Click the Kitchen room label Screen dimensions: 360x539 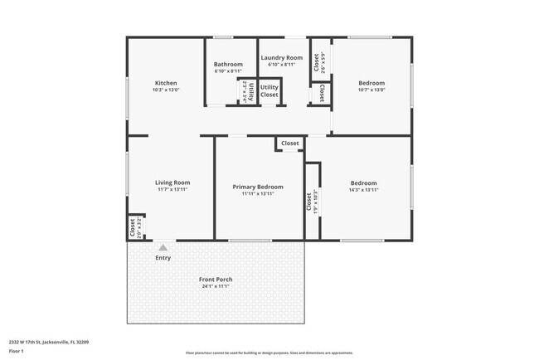click(x=166, y=83)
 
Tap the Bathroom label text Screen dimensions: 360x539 click(x=228, y=65)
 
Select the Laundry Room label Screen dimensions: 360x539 click(x=282, y=58)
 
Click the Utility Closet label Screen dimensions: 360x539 click(x=269, y=90)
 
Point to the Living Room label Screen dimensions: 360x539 click(x=172, y=182)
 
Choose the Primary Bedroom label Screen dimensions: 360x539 click(x=257, y=187)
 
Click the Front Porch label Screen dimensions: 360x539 click(x=216, y=280)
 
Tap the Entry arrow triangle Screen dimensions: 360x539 click(x=163, y=246)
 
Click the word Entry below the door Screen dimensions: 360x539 click(x=163, y=258)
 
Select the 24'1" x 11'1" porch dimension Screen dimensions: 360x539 click(x=216, y=287)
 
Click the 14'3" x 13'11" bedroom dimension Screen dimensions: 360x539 click(x=363, y=190)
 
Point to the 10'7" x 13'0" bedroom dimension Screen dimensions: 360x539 click(x=371, y=90)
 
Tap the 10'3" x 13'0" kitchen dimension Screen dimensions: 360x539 click(x=166, y=90)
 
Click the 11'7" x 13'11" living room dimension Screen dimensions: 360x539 click(x=172, y=190)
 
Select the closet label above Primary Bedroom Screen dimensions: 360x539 click(x=289, y=144)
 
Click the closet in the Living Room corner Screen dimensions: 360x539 click(x=133, y=226)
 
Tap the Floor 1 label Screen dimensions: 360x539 click(x=17, y=351)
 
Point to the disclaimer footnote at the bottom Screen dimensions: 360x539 click(x=269, y=353)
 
